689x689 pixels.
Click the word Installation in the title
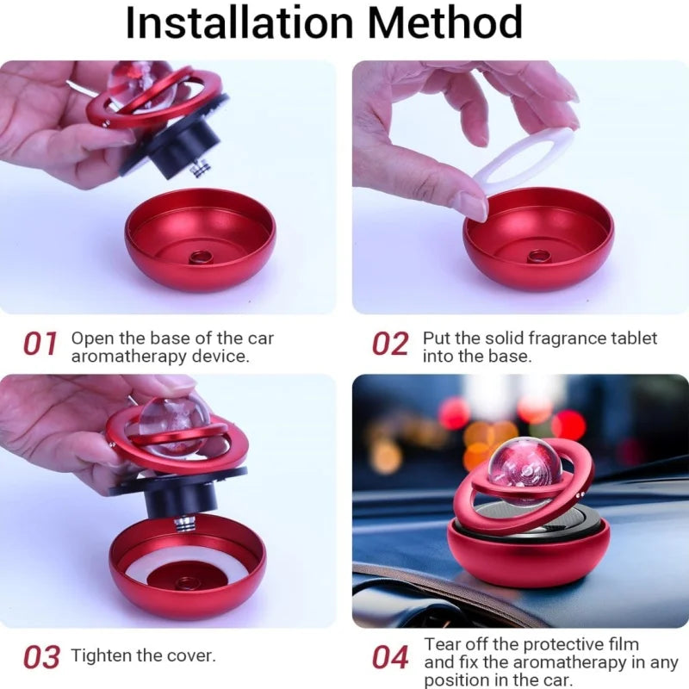(239, 23)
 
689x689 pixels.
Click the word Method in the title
(445, 23)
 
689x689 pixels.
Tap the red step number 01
(40, 344)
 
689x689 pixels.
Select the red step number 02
(390, 344)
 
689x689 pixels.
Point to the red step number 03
(40, 657)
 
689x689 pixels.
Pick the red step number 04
(390, 657)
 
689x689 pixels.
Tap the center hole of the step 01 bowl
(201, 258)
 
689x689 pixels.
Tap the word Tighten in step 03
(101, 655)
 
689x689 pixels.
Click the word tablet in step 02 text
(634, 338)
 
